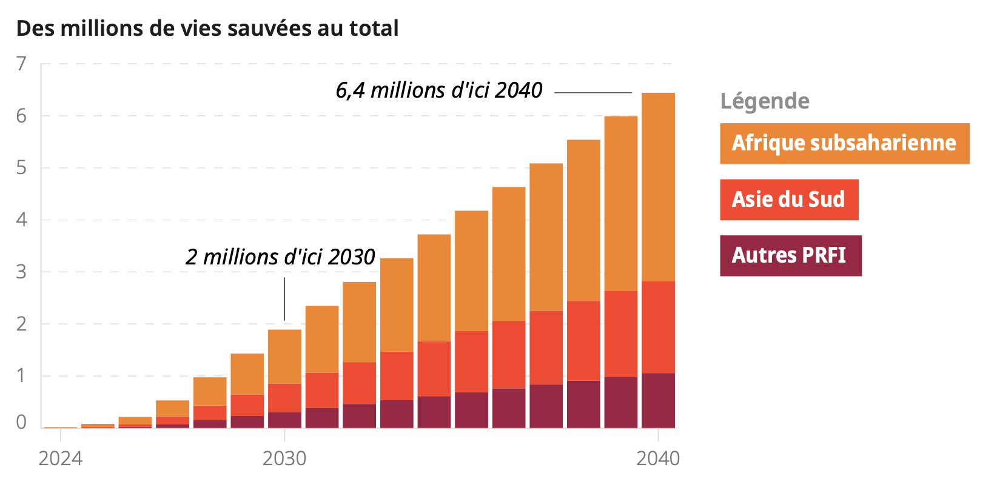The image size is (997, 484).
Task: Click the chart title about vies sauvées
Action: coord(207,29)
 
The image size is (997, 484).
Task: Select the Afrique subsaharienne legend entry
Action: coord(844,144)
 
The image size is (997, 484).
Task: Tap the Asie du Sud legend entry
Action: coord(788,200)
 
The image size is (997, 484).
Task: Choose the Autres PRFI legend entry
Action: coord(790,255)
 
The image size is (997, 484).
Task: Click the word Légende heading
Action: coord(764,101)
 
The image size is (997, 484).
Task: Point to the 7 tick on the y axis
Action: coord(22,64)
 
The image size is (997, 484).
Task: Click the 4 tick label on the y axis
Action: coord(22,220)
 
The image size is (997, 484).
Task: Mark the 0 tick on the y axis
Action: coord(22,422)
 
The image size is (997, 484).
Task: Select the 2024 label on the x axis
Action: coord(60,459)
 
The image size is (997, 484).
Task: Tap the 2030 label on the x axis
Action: coord(284,459)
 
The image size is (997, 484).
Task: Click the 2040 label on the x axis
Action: coord(658,459)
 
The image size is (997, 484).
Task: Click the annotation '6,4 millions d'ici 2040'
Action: coord(439,90)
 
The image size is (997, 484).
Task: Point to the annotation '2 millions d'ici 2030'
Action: coord(280,257)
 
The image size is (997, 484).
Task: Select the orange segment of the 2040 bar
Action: coord(658,187)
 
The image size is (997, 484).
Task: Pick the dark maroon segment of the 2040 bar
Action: coord(658,400)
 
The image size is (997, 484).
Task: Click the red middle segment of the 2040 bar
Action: coord(658,327)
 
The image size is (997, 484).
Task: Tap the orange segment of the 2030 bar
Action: coord(284,357)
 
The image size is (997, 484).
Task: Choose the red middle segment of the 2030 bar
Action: coord(284,398)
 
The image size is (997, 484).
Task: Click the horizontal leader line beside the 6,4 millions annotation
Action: coord(592,93)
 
